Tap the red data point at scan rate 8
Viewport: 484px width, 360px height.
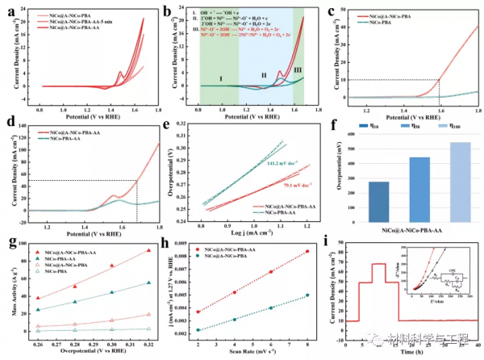click(x=307, y=252)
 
